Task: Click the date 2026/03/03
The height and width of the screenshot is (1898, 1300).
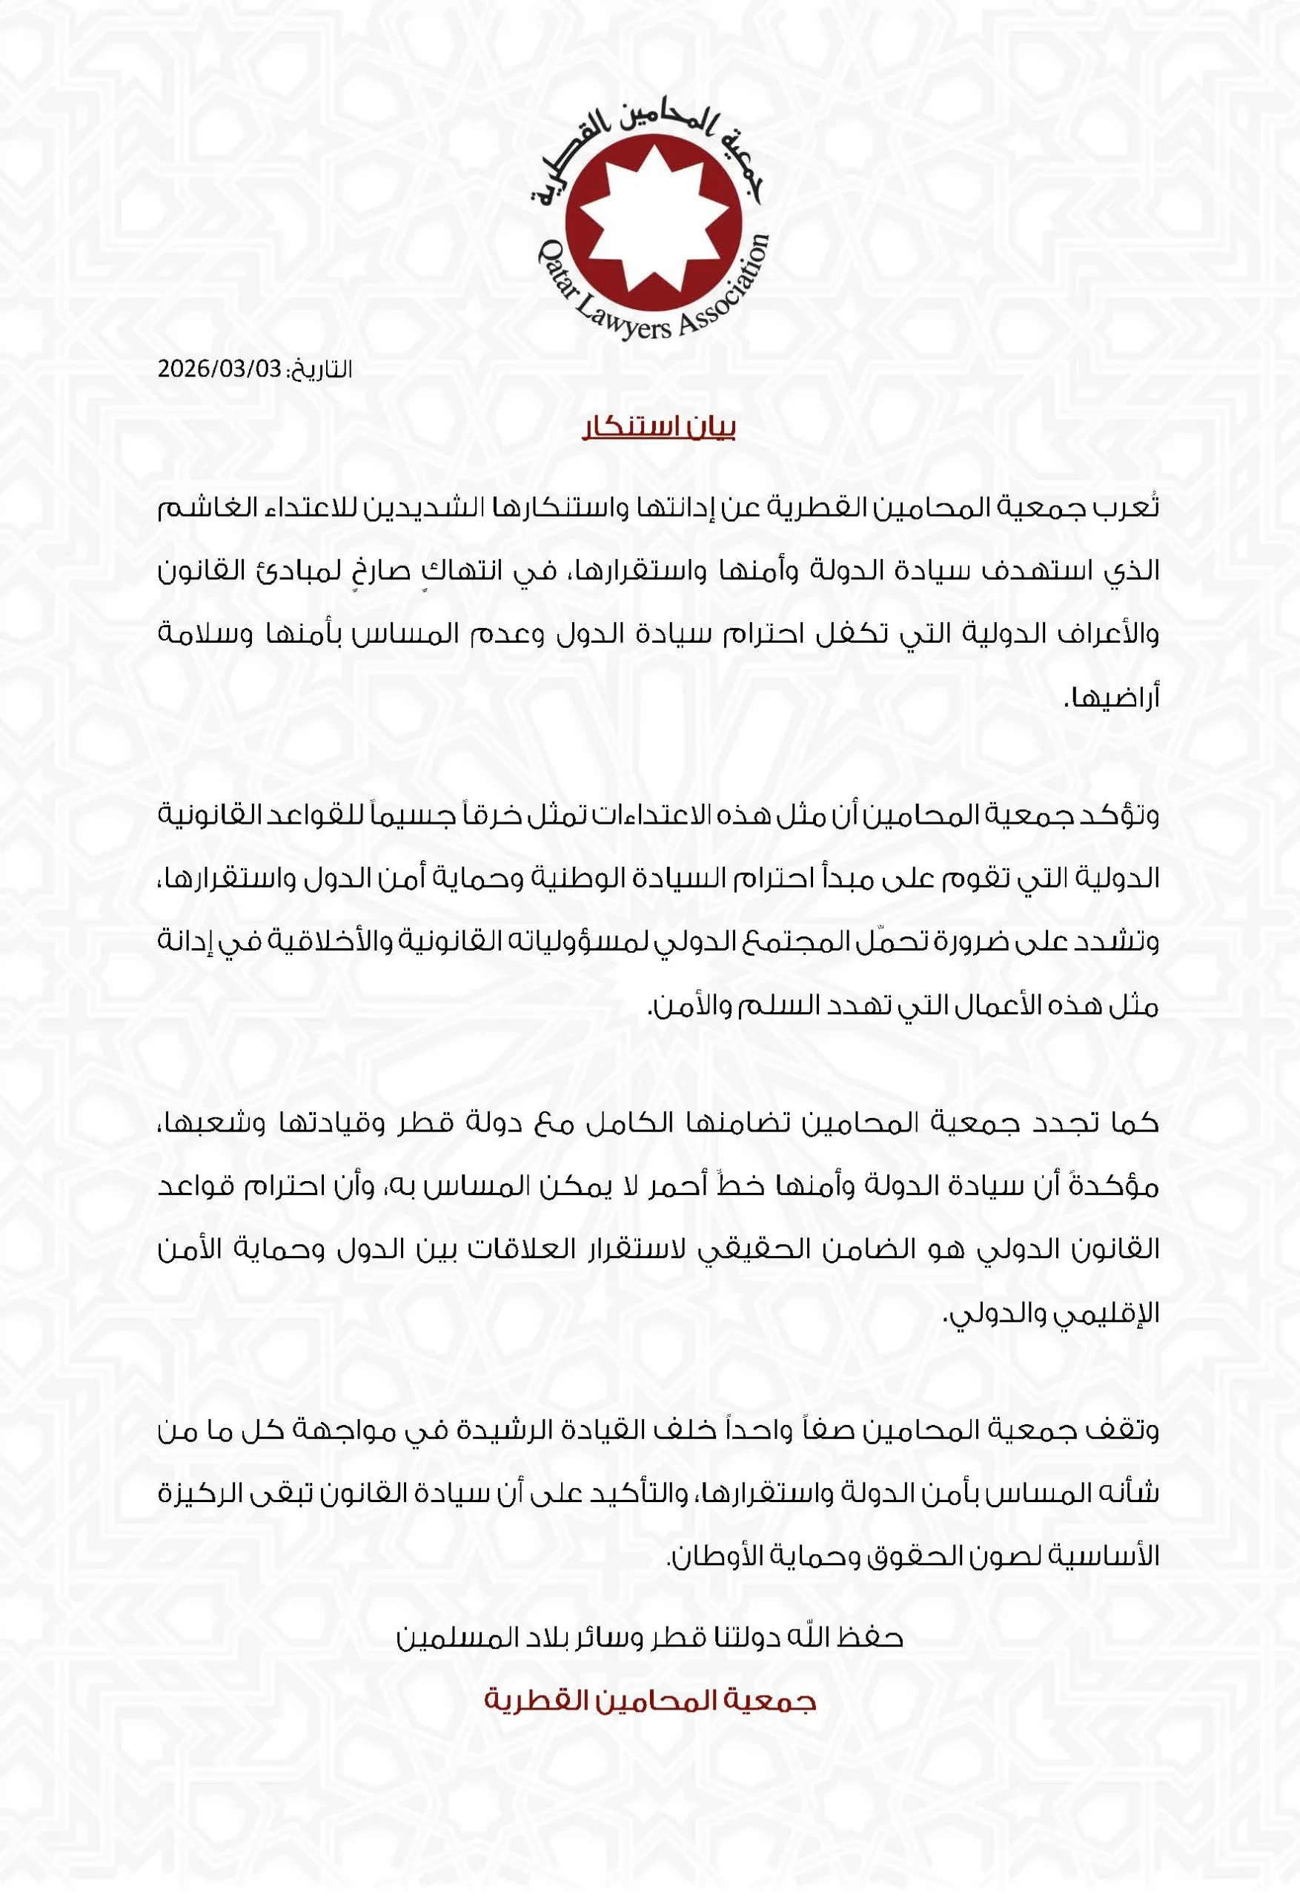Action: pos(219,369)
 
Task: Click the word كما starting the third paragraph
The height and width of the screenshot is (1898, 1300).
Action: pos(1134,1123)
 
